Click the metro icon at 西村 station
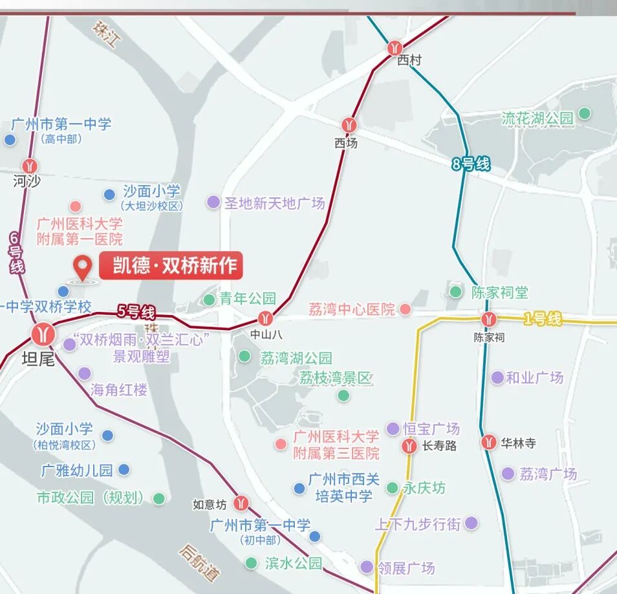point(395,47)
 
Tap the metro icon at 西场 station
point(349,124)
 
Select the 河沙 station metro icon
point(30,166)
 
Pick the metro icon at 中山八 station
point(265,318)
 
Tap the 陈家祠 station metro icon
point(488,319)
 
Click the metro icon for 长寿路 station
point(409,445)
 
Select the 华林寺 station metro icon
point(490,442)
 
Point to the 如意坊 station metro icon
point(241,502)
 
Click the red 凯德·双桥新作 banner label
point(171,265)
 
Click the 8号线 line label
point(471,164)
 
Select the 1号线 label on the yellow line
point(542,318)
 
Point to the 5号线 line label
point(136,312)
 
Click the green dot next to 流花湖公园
point(585,113)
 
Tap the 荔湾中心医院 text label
point(351,309)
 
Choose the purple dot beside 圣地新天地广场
point(213,202)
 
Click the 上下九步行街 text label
point(418,523)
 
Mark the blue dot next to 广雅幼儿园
point(124,469)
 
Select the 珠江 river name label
point(107,36)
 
